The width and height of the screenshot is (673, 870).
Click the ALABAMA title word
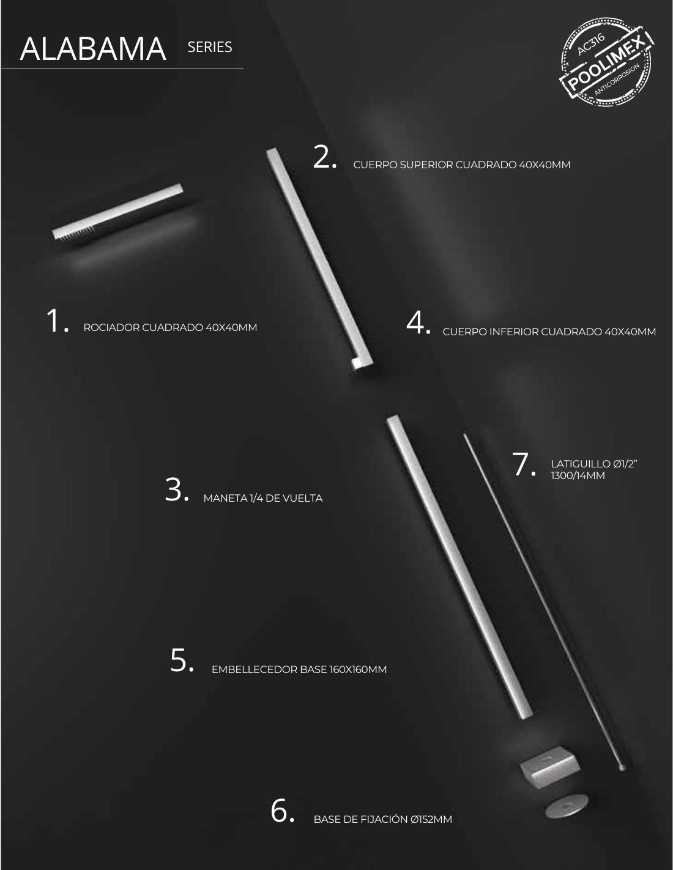click(x=93, y=49)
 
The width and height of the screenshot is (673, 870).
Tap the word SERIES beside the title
click(x=210, y=47)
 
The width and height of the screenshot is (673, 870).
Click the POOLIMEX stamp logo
click(x=606, y=62)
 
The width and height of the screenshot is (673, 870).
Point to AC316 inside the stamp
click(x=591, y=45)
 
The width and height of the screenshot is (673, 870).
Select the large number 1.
click(x=57, y=321)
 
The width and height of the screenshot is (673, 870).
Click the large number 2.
click(x=324, y=157)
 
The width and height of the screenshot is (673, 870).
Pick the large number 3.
click(x=177, y=489)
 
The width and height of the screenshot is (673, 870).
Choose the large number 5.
click(x=182, y=660)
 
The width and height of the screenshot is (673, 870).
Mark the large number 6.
click(x=282, y=811)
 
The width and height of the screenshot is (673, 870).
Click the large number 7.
click(x=524, y=464)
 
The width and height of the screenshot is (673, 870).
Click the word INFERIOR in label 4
click(x=514, y=332)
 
